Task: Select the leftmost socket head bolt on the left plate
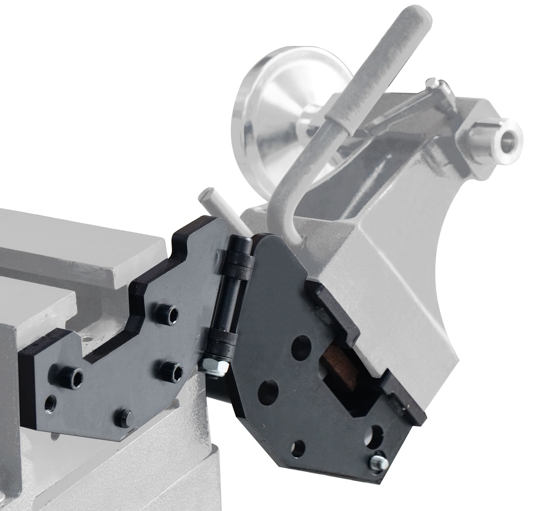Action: (71, 377)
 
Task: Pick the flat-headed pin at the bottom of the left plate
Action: (124, 417)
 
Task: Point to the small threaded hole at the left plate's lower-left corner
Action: (51, 403)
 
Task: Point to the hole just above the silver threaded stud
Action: (374, 435)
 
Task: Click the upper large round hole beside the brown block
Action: (301, 347)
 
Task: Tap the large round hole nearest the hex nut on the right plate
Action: (268, 392)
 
